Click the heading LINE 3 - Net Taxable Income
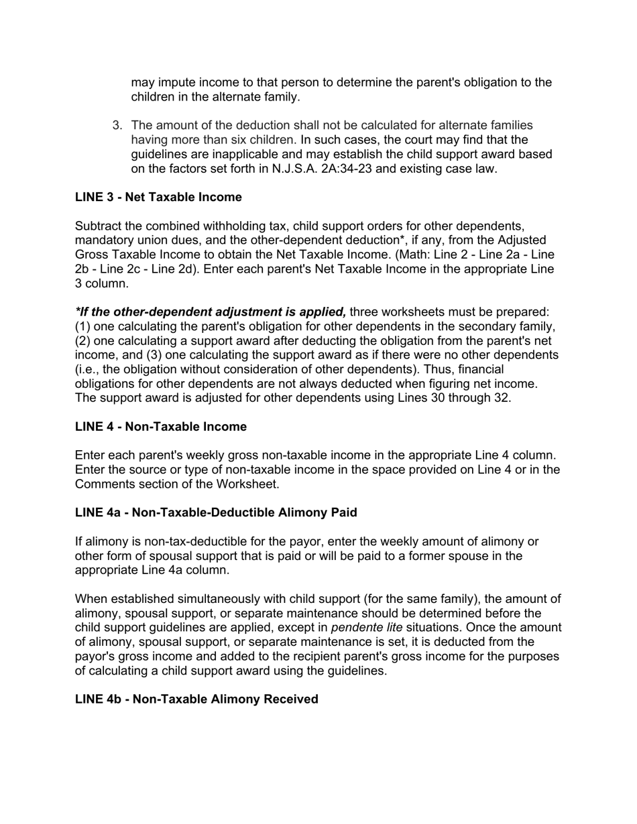coord(158,197)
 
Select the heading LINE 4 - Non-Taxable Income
coord(161,427)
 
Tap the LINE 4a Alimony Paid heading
coord(216,512)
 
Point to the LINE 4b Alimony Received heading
coord(196,699)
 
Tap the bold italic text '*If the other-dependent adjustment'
coord(211,312)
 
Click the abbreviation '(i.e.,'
coord(89,370)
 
